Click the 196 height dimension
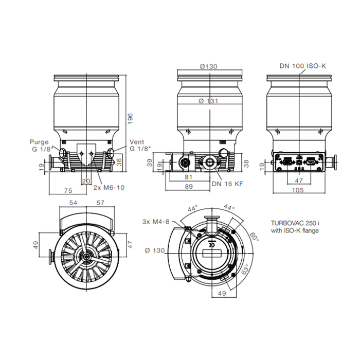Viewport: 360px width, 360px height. (131, 118)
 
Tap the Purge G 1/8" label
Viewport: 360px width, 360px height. (40, 146)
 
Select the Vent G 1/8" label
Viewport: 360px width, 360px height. (138, 146)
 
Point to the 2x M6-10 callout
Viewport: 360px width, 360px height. (109, 188)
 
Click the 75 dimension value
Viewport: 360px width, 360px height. (67, 190)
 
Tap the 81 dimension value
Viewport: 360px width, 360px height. (189, 178)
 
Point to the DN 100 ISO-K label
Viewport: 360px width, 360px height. (303, 66)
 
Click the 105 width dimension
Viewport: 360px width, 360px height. (298, 190)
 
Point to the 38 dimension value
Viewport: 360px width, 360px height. (246, 163)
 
